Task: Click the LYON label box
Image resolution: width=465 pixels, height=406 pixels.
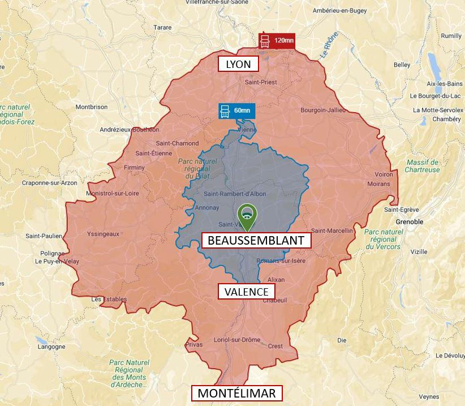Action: tap(238, 64)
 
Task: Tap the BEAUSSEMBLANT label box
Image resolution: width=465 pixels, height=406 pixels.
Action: tap(256, 241)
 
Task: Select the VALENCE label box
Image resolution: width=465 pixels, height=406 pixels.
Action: tap(246, 292)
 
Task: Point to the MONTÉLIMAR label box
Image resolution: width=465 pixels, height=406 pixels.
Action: tap(236, 393)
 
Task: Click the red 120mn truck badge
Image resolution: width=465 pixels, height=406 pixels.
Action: tap(276, 41)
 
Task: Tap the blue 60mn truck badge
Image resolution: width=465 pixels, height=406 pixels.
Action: tap(236, 110)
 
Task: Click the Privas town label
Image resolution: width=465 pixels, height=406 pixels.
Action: tap(193, 344)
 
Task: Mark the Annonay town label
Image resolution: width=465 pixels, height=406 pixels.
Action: tap(207, 208)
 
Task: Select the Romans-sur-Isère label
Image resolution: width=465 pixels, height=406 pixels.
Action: tap(281, 260)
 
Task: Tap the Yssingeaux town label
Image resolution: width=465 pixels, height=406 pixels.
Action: tap(104, 233)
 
